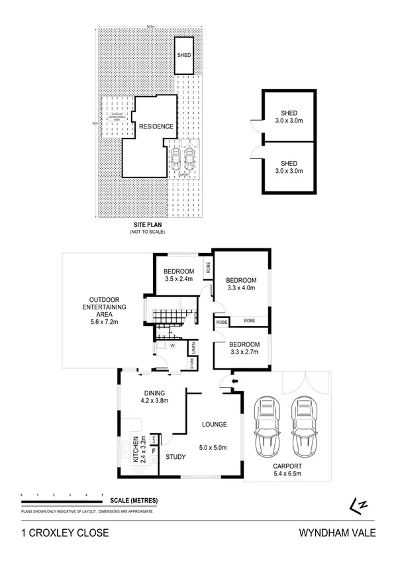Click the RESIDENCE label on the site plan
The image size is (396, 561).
(x=156, y=126)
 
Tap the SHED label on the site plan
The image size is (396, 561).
(x=183, y=56)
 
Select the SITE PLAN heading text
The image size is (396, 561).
(x=147, y=225)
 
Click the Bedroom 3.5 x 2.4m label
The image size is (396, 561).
(x=179, y=275)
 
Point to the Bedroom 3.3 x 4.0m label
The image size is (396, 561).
(x=239, y=284)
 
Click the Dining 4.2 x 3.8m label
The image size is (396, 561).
(x=155, y=395)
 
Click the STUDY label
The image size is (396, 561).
(x=175, y=456)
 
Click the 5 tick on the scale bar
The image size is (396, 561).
(x=102, y=495)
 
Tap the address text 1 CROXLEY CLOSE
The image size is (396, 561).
(x=61, y=533)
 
